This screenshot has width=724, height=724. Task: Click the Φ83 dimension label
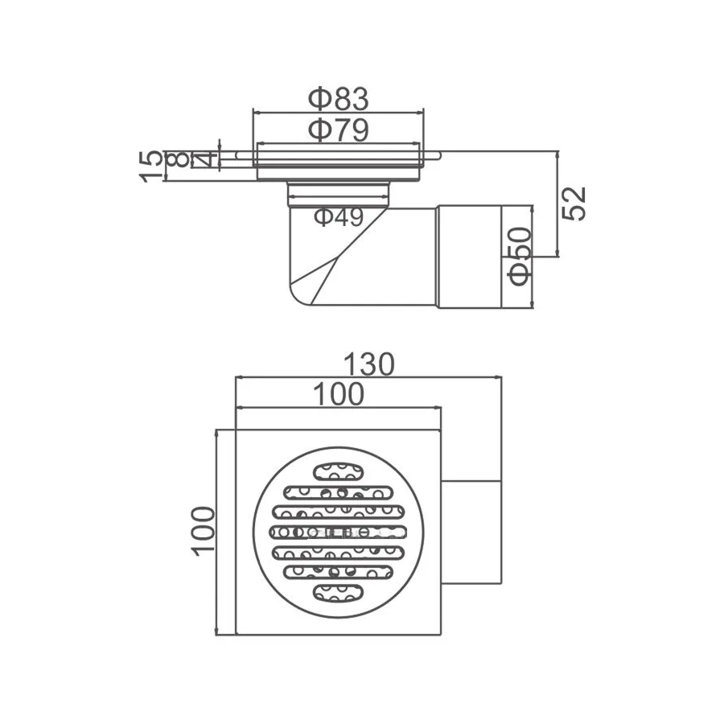(339, 99)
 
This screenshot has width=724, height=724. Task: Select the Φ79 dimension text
(339, 130)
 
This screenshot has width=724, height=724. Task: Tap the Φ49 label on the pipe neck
(339, 216)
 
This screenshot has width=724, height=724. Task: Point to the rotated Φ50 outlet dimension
(520, 257)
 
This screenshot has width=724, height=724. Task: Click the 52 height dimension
(574, 204)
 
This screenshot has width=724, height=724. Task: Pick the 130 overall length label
(369, 364)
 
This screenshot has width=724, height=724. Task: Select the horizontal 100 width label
(339, 395)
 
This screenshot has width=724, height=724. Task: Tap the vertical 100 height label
(204, 531)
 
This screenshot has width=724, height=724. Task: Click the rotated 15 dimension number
(152, 167)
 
